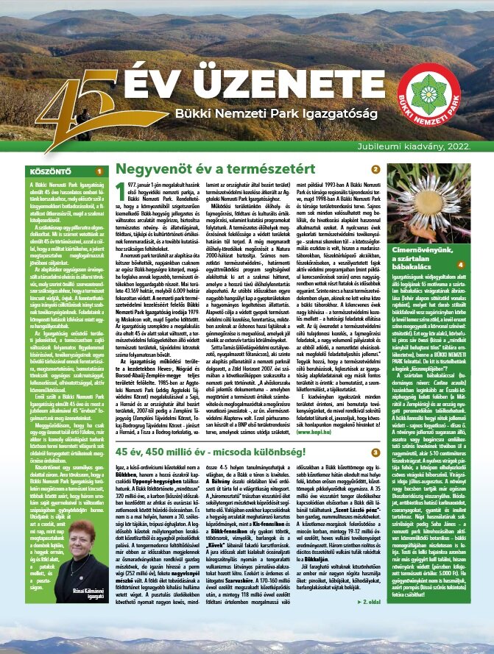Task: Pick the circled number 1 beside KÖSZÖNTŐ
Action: point(98,170)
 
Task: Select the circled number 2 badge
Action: point(375,169)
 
